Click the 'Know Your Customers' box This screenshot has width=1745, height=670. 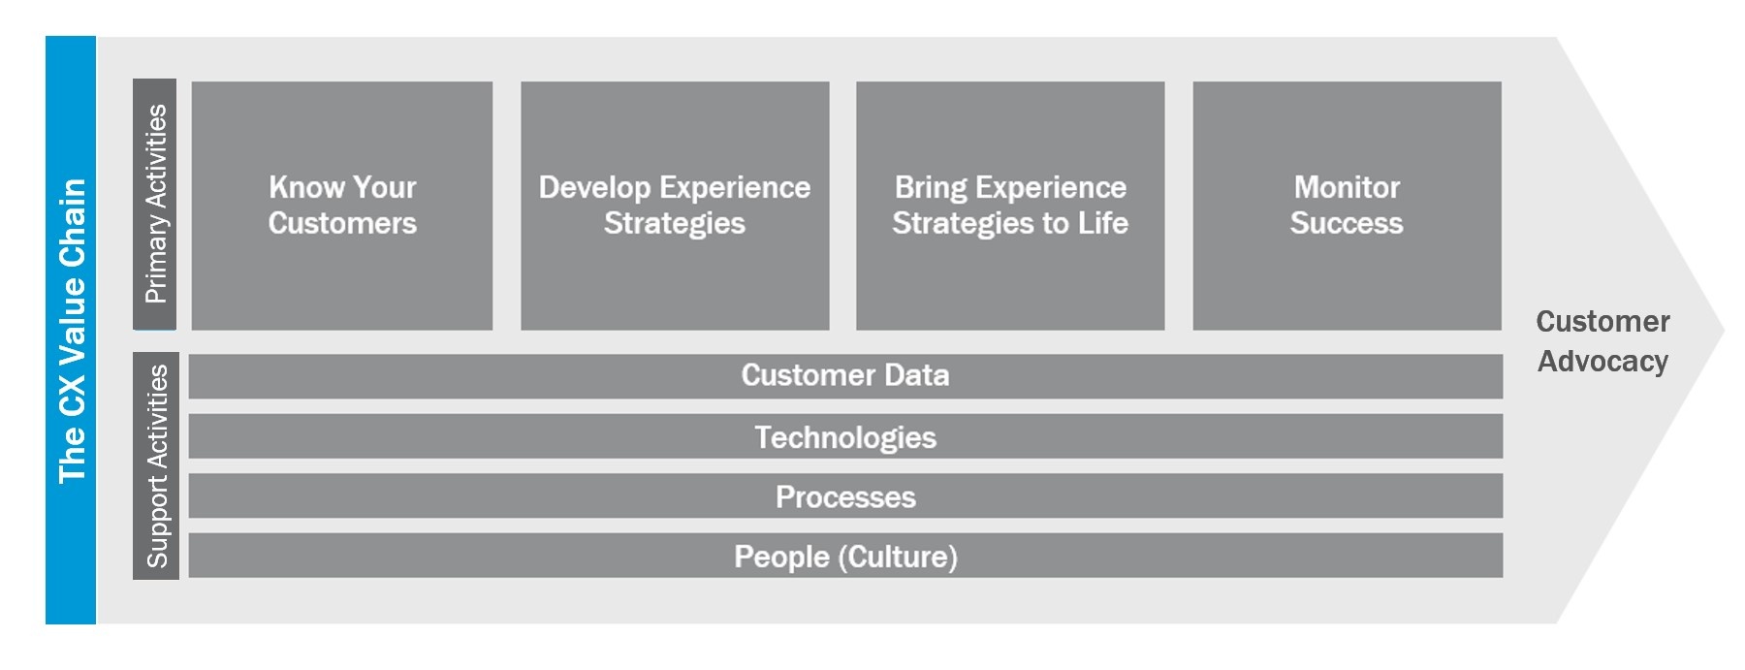[x=342, y=206]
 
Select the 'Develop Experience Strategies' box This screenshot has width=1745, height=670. [x=675, y=206]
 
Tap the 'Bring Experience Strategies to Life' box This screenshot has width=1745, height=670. [x=1010, y=206]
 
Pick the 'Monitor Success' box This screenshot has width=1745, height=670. [x=1347, y=206]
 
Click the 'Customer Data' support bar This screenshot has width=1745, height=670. [x=845, y=376]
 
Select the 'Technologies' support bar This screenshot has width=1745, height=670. [x=845, y=436]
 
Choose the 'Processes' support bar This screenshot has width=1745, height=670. [x=845, y=495]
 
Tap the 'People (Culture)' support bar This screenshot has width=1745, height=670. [x=845, y=556]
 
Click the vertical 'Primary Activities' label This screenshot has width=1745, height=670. [x=155, y=204]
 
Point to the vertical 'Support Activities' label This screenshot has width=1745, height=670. [x=156, y=465]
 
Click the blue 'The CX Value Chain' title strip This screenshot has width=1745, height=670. [x=71, y=330]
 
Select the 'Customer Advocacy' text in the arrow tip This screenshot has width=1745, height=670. [x=1602, y=341]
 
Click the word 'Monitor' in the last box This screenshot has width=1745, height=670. [x=1347, y=186]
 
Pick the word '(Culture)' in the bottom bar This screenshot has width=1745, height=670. [x=898, y=557]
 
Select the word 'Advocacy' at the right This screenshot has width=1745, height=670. [x=1602, y=362]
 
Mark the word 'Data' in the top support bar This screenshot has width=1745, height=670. [x=916, y=375]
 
